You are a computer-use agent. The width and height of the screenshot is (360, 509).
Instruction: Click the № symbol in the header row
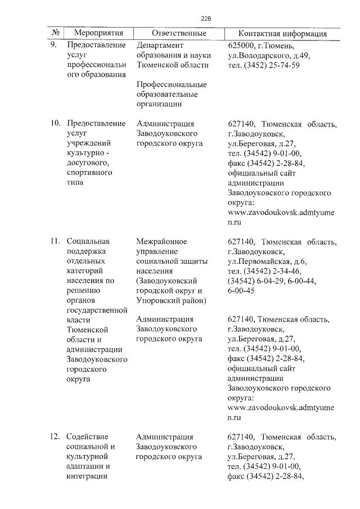click(x=56, y=34)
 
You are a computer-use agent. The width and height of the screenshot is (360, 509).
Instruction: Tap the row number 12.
click(x=55, y=436)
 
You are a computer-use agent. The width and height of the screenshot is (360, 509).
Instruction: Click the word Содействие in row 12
click(x=87, y=436)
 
